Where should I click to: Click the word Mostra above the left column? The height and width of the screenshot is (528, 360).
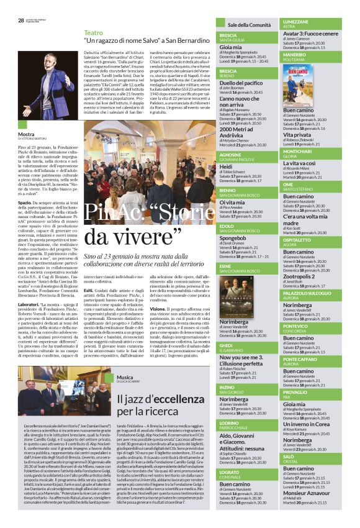[x=26, y=134]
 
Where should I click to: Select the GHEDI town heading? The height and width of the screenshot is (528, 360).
[x=226, y=345]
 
